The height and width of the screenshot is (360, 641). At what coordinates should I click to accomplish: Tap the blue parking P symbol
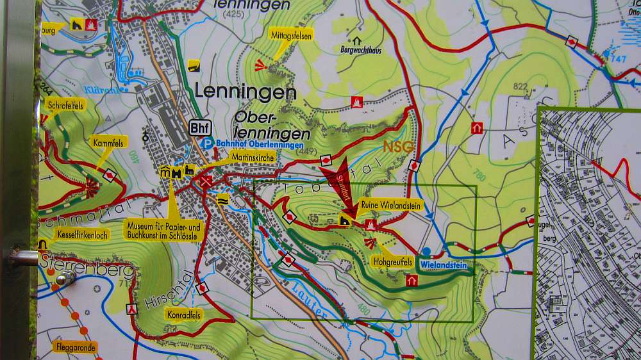point(206,144)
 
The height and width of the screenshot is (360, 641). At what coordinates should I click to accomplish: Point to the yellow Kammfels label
point(108,141)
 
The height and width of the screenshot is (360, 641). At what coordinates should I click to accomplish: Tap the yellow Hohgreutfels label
point(392,262)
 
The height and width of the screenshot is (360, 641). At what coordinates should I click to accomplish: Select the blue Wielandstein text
point(445,263)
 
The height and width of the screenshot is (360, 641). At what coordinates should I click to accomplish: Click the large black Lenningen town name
point(246,92)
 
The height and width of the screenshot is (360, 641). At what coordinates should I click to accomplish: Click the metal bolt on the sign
point(65,279)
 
